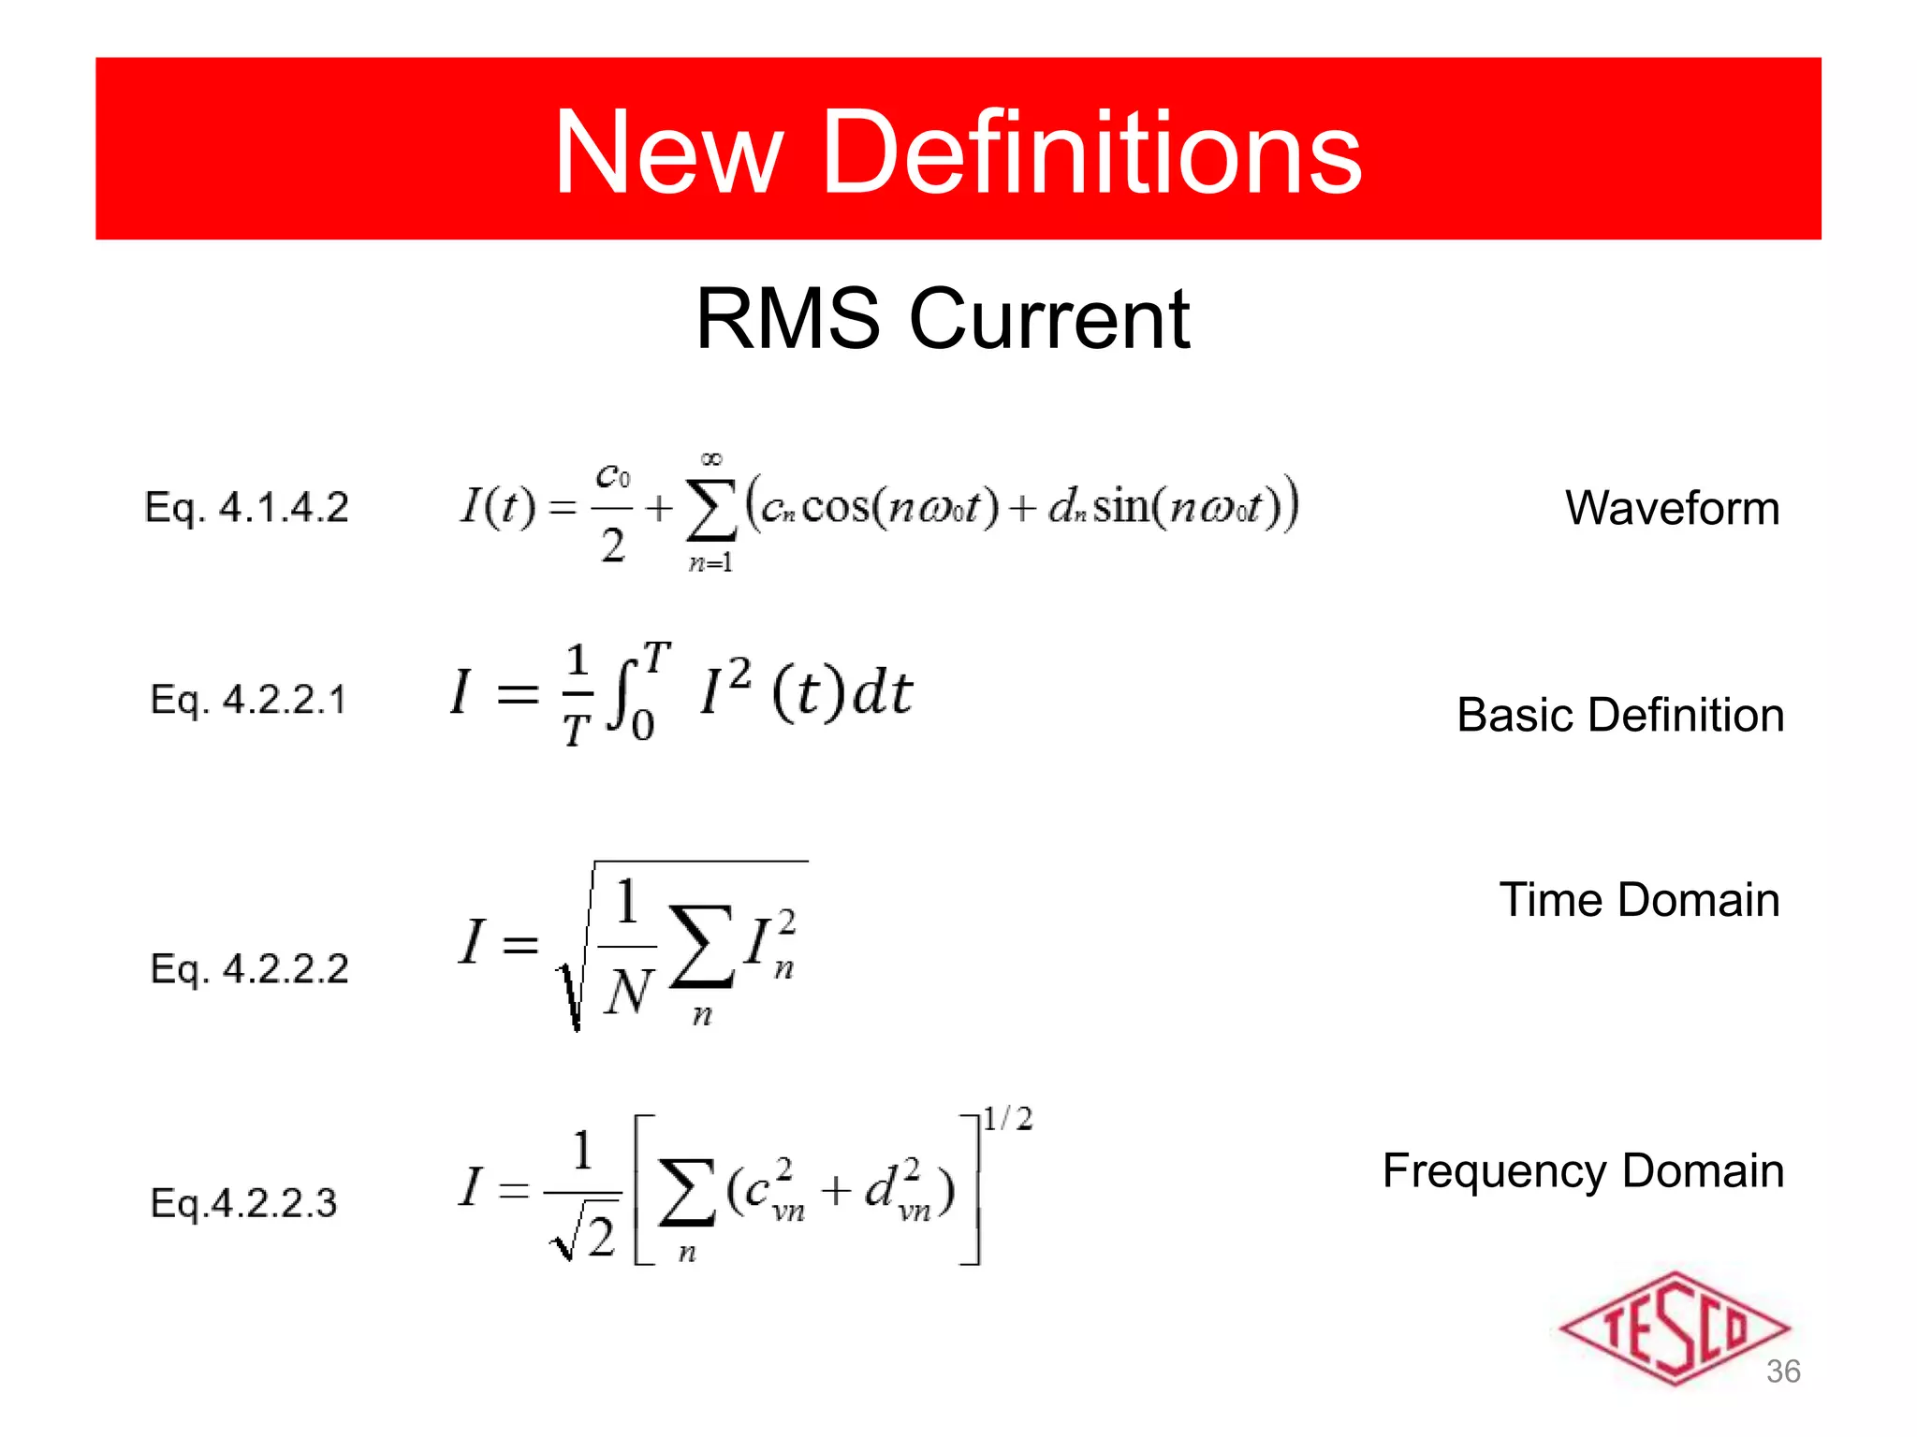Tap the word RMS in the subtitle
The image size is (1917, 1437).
coord(787,320)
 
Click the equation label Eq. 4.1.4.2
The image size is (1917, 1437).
coord(247,508)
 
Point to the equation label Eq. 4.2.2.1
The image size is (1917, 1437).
coord(249,700)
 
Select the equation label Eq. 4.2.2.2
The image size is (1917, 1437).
coord(250,969)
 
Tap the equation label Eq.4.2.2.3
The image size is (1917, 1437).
coord(243,1203)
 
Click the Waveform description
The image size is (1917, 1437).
coord(1672,509)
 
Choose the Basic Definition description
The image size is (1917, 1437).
coord(1620,716)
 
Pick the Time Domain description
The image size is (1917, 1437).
coord(1639,900)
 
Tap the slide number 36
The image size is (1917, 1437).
coord(1783,1372)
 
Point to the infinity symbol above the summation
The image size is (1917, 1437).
coord(711,458)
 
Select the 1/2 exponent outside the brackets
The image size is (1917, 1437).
coord(1008,1119)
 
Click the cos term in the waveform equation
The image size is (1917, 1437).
coord(836,508)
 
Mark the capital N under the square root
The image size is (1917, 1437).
coord(627,992)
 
